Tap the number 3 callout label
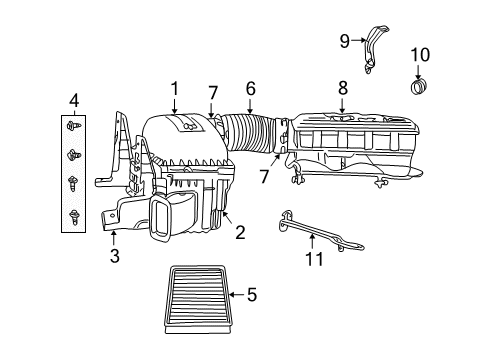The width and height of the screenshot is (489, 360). click(x=115, y=257)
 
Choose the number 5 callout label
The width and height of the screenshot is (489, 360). click(x=251, y=294)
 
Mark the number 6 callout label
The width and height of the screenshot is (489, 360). click(x=250, y=88)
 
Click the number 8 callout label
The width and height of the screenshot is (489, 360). click(x=342, y=88)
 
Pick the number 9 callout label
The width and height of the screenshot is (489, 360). click(x=345, y=40)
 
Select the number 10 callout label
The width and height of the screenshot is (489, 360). click(x=419, y=53)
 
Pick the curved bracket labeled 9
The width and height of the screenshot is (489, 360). click(x=371, y=50)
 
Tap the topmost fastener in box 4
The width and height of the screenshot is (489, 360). click(x=74, y=128)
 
